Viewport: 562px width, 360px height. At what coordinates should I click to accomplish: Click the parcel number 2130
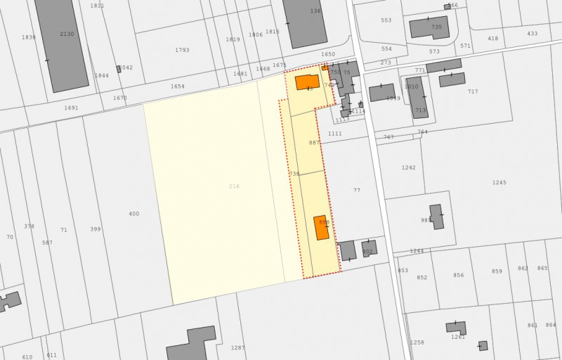67,34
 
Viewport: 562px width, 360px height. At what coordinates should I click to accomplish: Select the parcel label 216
234,186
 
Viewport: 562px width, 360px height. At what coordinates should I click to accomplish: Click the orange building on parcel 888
321,227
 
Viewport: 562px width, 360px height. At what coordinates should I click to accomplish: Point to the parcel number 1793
182,50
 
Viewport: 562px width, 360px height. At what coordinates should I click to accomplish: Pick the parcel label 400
134,214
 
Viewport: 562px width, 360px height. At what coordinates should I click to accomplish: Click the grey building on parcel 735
429,28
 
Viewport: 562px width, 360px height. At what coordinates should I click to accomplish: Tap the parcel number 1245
499,183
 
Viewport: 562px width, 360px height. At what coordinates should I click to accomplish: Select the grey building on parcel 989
436,216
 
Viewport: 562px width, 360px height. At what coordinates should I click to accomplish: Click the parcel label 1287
238,348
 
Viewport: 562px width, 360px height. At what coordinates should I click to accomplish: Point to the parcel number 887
314,143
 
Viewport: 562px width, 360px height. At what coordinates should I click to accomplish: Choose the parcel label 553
386,20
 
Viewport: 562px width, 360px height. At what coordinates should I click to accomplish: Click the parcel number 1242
409,168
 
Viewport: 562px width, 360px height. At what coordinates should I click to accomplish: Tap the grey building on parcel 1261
455,327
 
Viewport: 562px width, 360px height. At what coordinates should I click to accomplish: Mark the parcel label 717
473,92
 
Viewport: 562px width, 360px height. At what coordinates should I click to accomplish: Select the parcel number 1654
178,86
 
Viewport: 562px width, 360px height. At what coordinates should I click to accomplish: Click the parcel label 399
96,229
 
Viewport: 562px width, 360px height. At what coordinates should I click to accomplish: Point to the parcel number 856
459,276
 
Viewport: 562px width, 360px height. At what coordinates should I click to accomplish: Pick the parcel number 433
532,34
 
